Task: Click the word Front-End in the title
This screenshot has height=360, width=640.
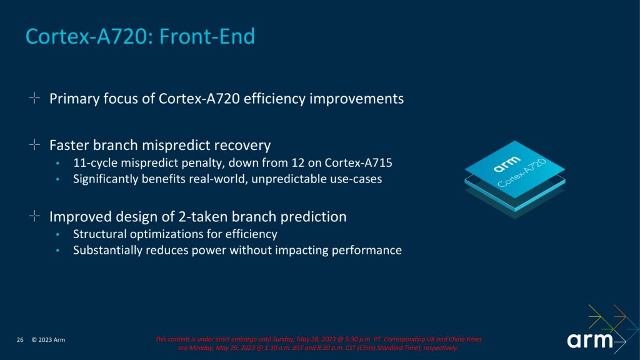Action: pos(207,36)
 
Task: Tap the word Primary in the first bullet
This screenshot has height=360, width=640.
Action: pos(74,99)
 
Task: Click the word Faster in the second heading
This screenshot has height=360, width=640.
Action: pos(69,145)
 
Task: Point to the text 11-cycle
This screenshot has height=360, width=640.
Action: pos(95,163)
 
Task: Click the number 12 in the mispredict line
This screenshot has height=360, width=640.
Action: pos(297,163)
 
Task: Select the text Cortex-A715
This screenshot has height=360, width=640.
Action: pos(358,163)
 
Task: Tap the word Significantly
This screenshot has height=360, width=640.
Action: pos(106,179)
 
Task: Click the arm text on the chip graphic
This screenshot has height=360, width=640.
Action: pos(507,164)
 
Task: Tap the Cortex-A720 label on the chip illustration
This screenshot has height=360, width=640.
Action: pos(522,173)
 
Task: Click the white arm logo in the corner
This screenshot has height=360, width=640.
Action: pos(590,341)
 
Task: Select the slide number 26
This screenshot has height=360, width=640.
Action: pos(20,339)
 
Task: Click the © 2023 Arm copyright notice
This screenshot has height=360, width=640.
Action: pos(48,339)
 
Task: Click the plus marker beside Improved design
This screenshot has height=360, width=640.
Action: pos(35,216)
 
